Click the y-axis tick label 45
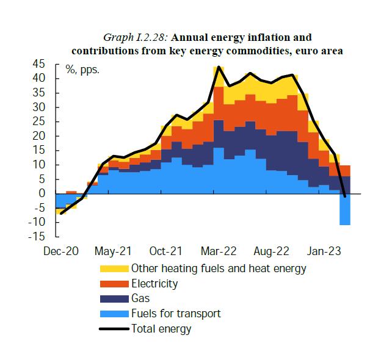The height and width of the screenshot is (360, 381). pyautogui.click(x=39, y=64)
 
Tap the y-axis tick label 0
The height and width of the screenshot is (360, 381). pyautogui.click(x=42, y=194)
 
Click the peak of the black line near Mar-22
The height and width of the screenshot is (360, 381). pyautogui.click(x=219, y=67)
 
